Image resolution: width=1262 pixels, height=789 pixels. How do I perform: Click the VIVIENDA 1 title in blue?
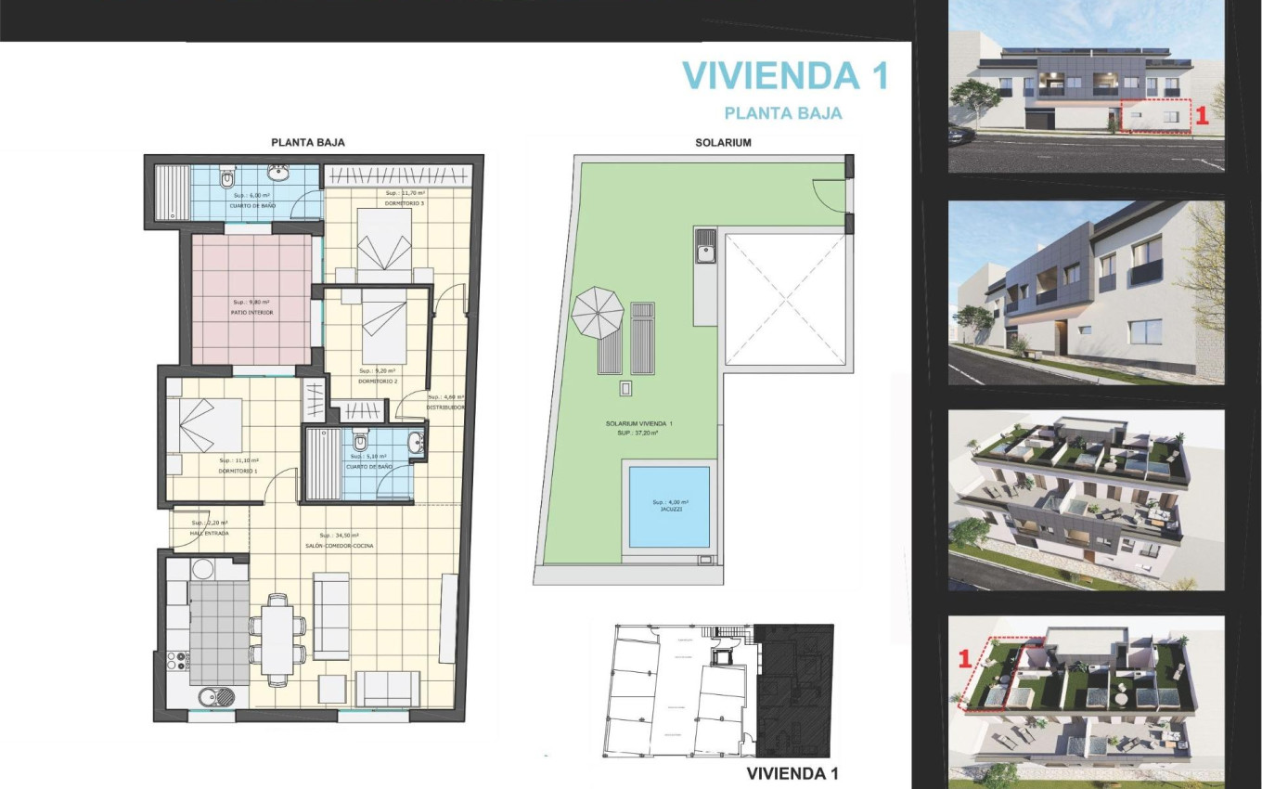[x=785, y=76]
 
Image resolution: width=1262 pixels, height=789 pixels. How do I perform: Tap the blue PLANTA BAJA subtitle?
[x=782, y=113]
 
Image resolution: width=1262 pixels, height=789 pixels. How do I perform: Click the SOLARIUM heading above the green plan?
[x=723, y=143]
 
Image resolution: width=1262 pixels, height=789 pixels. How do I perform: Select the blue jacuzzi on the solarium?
[x=668, y=507]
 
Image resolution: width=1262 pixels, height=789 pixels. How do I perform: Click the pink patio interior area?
[x=251, y=299]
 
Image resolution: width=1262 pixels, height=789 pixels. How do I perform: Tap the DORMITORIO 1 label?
[x=238, y=472]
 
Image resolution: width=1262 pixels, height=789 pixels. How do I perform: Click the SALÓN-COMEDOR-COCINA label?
[x=345, y=546]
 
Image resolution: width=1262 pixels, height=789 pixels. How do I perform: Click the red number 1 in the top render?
[x=1200, y=116]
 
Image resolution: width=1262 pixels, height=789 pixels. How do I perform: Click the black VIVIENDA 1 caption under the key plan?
[x=792, y=773]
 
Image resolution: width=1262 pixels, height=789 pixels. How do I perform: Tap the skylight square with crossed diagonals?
[x=785, y=298]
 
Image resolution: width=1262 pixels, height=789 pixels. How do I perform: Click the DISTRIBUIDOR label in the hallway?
[x=444, y=407]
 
